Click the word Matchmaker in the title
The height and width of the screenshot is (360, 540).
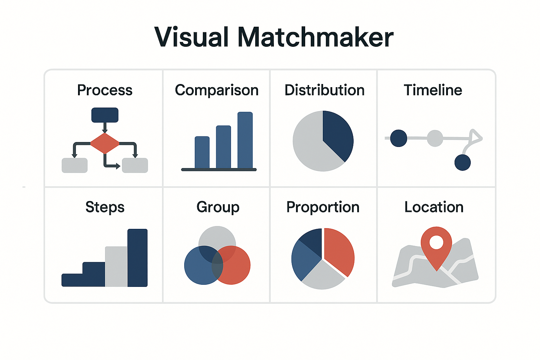(x=315, y=37)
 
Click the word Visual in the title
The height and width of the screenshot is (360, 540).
(x=192, y=37)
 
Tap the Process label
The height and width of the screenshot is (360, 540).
(x=105, y=90)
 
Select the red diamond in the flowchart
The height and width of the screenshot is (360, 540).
(x=105, y=143)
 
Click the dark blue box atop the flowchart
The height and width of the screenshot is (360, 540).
(x=105, y=115)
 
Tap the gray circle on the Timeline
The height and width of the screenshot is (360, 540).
(x=435, y=138)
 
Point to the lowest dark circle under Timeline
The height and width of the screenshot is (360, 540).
(x=462, y=163)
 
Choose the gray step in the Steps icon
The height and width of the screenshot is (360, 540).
(x=116, y=266)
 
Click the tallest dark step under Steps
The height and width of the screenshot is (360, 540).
(x=137, y=258)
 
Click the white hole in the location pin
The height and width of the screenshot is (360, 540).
(x=436, y=242)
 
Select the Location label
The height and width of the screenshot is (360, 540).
(x=434, y=207)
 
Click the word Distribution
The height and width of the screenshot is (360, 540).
(x=324, y=90)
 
